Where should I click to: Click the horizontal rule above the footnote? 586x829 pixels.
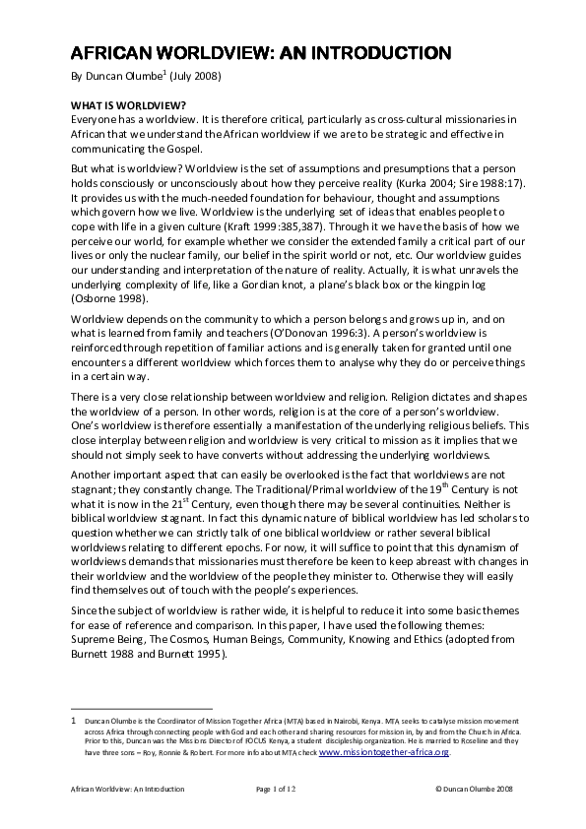142,708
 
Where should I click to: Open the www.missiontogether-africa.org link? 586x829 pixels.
397,751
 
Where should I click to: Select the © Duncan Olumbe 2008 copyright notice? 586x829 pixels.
474,789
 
